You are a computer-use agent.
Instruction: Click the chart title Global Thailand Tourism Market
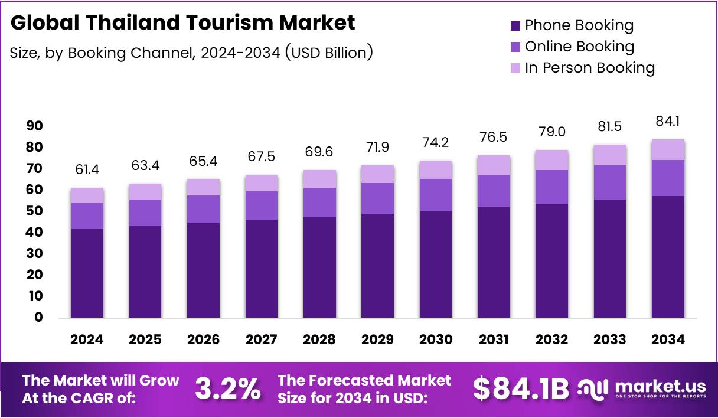point(183,23)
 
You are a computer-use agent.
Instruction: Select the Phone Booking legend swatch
point(515,25)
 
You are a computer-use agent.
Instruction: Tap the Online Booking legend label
point(579,47)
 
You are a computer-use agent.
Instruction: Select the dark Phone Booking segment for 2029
point(377,266)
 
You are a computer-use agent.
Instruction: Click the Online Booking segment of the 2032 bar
point(551,187)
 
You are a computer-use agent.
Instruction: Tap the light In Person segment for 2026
point(203,187)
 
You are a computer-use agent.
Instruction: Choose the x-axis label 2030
point(436,339)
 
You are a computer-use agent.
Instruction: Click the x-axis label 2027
point(261,339)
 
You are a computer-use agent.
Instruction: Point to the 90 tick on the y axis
point(34,126)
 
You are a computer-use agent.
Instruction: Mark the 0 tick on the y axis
point(38,317)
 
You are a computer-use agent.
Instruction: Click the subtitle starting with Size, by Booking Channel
point(191,53)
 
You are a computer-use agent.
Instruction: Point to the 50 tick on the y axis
point(34,211)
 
